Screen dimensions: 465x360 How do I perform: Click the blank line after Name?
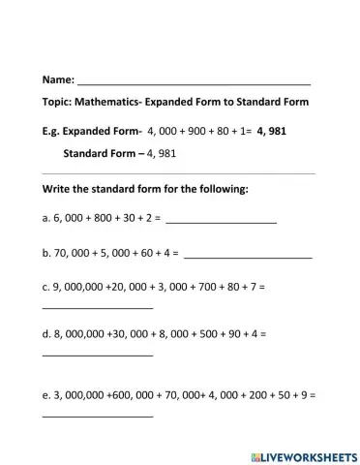coord(194,81)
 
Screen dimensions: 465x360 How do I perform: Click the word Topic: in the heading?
coord(59,103)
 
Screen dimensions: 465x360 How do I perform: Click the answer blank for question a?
coord(222,225)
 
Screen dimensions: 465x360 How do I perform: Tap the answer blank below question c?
coord(98,308)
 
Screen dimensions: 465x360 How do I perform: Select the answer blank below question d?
coord(98,355)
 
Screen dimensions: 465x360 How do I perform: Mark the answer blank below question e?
coord(98,418)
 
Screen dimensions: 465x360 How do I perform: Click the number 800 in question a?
coord(93,220)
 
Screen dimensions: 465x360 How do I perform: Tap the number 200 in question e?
coord(252,396)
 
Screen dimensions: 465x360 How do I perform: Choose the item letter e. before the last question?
coord(46,396)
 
